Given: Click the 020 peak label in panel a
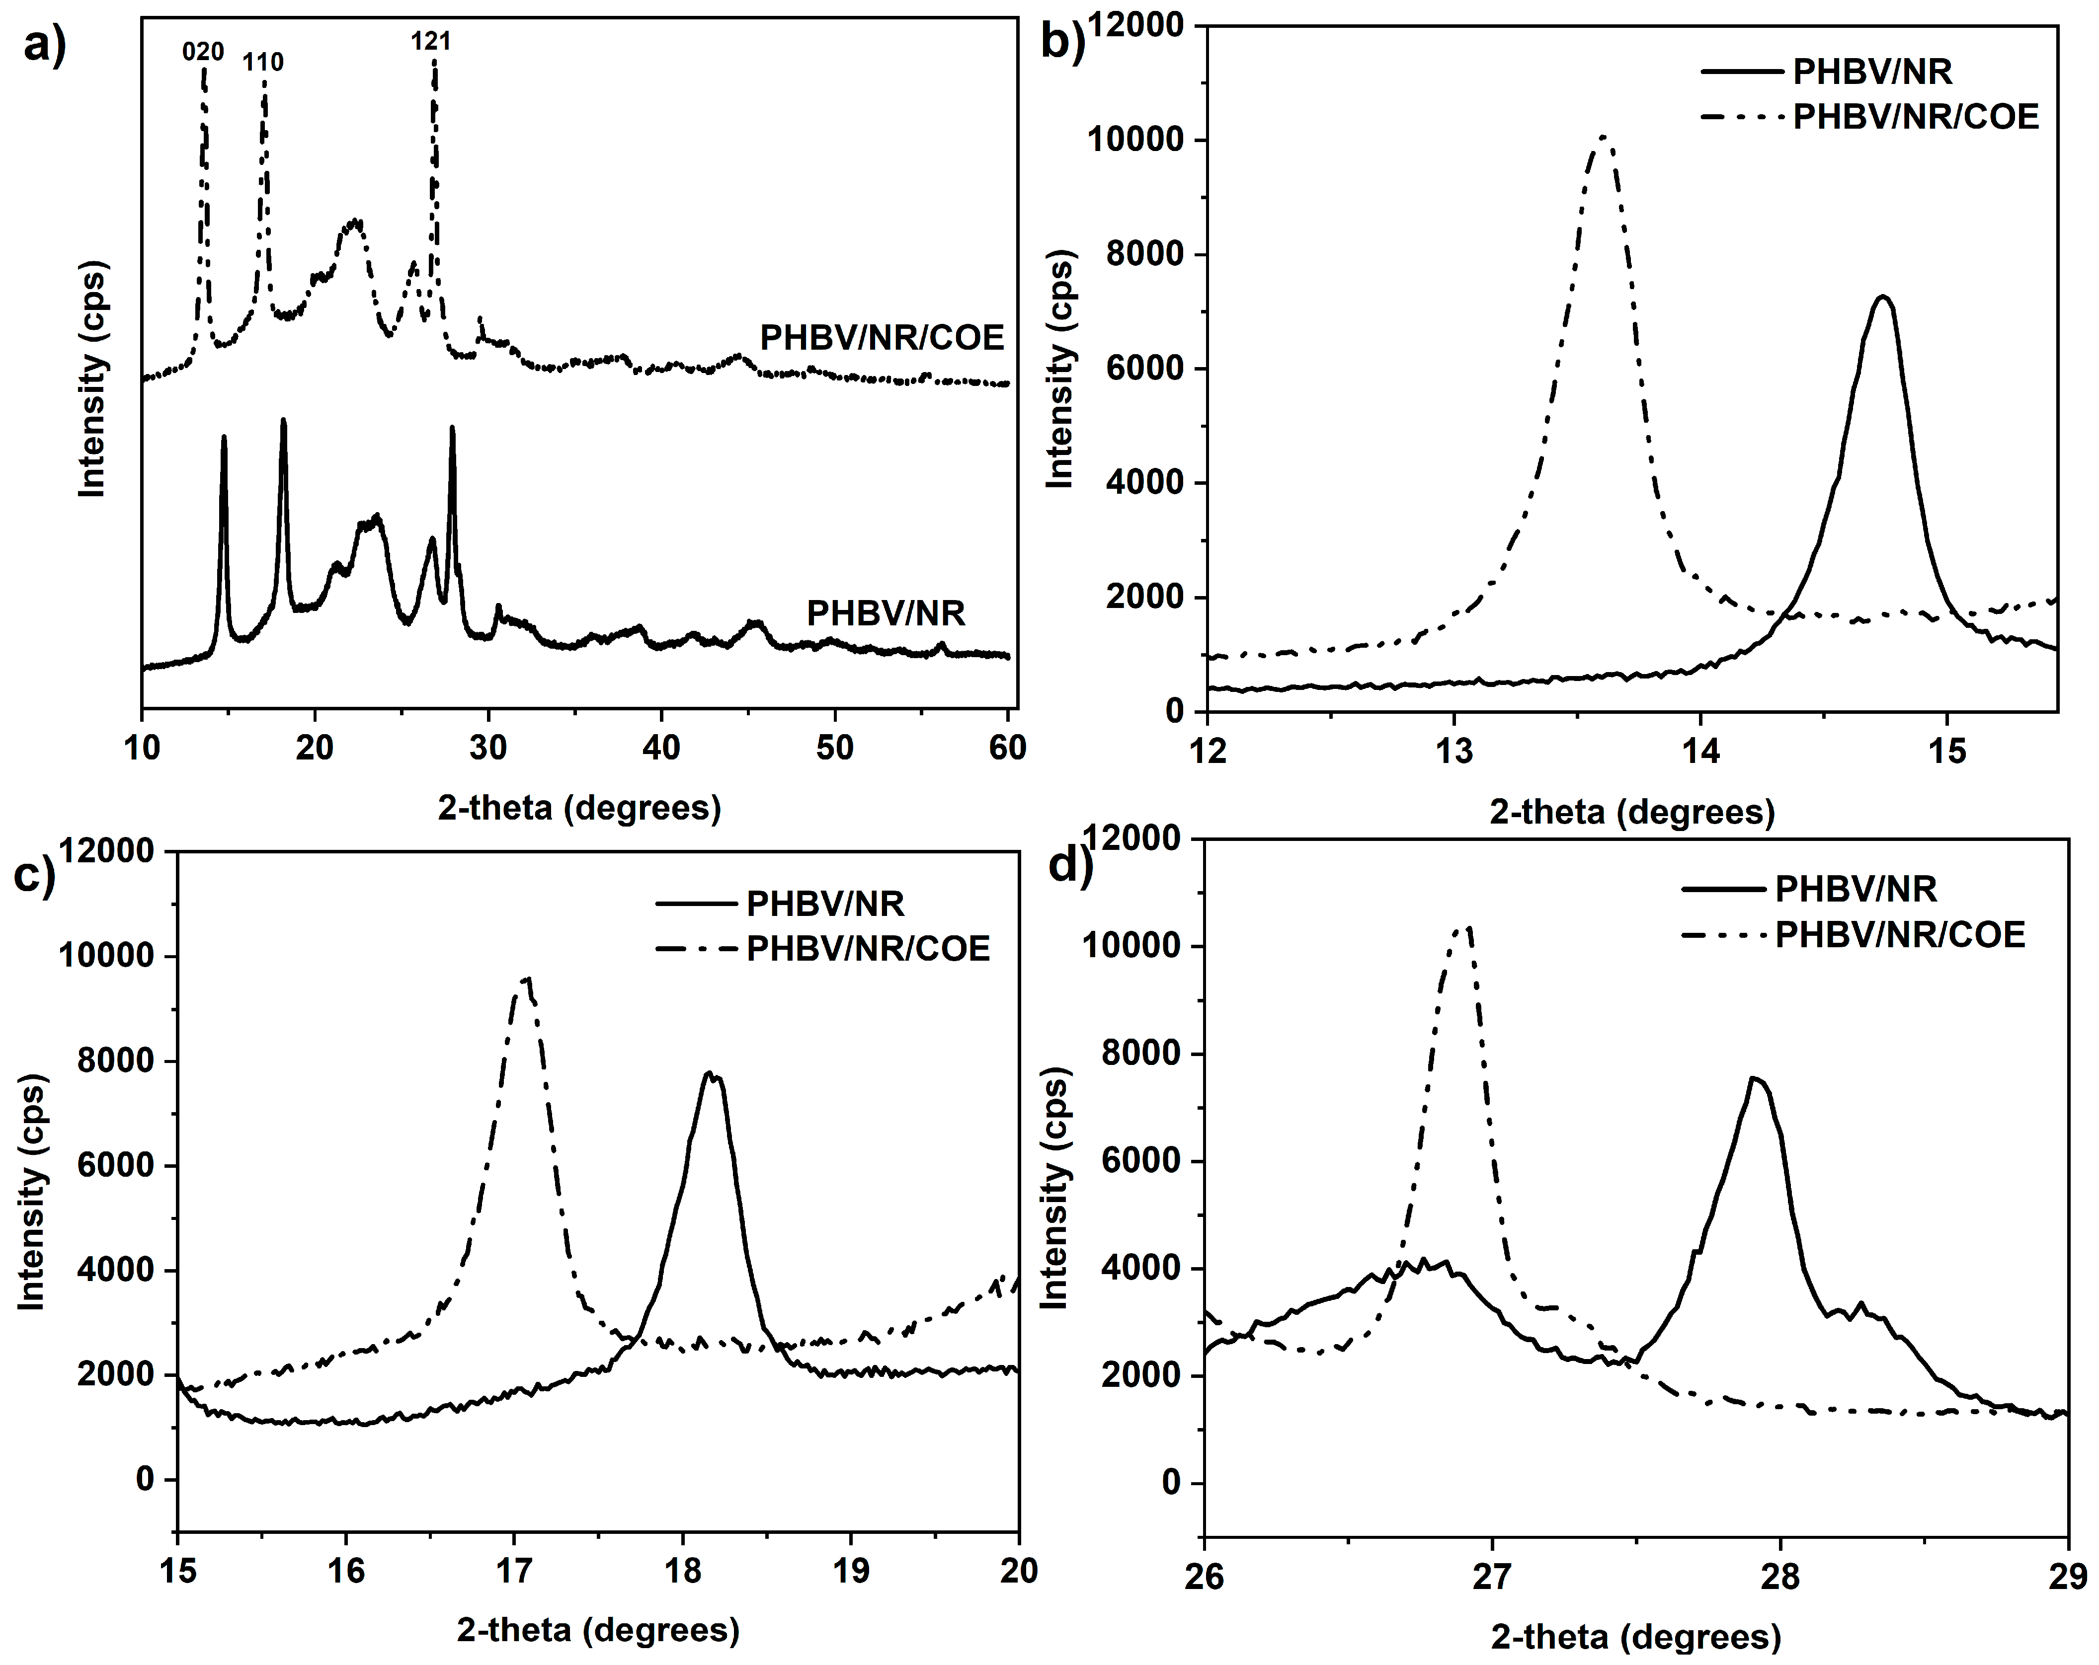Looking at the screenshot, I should tap(203, 52).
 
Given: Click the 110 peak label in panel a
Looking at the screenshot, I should tap(263, 62).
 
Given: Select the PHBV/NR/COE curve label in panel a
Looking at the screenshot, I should tap(881, 338).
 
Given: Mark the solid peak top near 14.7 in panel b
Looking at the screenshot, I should tap(1883, 297).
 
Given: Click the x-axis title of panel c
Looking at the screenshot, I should tap(598, 1629).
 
